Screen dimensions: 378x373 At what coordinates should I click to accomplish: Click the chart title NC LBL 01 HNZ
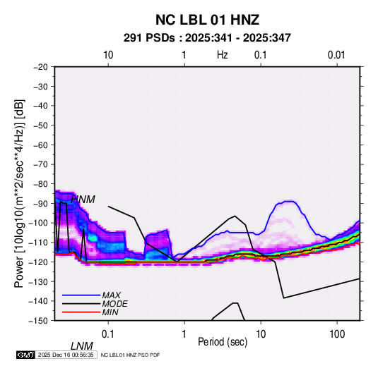click(207, 20)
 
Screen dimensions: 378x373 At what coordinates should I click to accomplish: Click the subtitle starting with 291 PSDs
click(207, 38)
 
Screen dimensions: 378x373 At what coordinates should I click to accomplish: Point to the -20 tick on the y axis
click(40, 67)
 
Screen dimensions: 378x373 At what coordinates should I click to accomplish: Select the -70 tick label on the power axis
click(40, 164)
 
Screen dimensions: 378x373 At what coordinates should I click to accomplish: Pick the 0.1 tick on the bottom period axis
click(108, 334)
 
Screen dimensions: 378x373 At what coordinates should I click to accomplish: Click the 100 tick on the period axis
click(337, 334)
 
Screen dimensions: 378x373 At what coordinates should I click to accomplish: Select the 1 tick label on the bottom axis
click(184, 334)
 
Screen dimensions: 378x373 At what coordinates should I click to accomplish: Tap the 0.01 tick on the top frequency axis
click(336, 55)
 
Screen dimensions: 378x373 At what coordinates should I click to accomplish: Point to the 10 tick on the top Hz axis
click(108, 55)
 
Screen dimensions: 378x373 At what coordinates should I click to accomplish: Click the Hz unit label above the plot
click(223, 55)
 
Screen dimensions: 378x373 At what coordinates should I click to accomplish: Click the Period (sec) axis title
click(223, 342)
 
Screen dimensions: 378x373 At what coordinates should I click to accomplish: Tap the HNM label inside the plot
click(83, 200)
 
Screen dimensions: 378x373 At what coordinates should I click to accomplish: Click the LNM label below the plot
click(82, 346)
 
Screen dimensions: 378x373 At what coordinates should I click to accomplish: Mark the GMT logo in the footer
click(26, 355)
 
